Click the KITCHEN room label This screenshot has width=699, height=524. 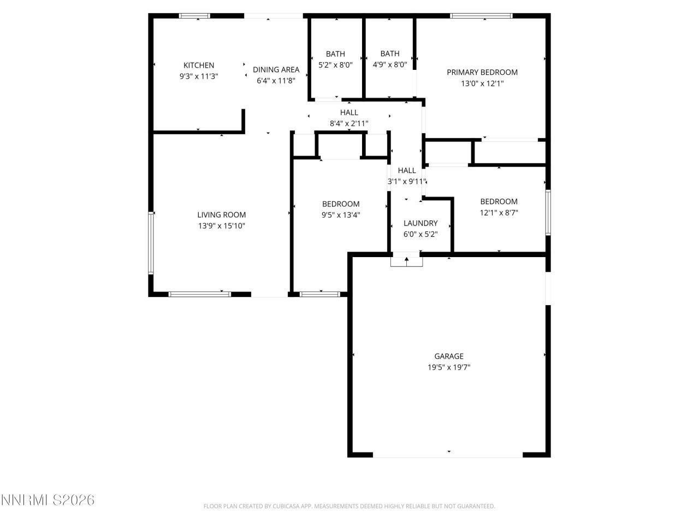tap(199, 65)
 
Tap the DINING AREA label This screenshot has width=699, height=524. tap(276, 70)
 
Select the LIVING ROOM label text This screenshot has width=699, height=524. tap(221, 215)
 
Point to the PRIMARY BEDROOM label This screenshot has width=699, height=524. tap(482, 72)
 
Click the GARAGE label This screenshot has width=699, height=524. tap(449, 356)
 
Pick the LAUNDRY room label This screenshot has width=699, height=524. tap(420, 223)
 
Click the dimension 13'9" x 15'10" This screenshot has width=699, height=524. tap(221, 226)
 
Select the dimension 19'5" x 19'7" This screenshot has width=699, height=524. tap(449, 368)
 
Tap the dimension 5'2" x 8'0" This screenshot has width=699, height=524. tap(335, 65)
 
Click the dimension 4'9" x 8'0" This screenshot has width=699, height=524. tap(389, 65)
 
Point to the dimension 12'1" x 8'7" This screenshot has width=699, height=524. tap(499, 213)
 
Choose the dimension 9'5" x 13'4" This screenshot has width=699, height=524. tap(341, 215)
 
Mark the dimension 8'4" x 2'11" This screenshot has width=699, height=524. tap(349, 124)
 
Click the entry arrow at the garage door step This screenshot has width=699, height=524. tap(406, 260)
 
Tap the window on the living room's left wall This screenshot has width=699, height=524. tap(151, 243)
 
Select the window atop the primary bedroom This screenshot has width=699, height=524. tap(481, 16)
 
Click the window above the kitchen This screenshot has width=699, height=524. tap(195, 16)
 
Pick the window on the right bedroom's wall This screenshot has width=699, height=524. tap(548, 212)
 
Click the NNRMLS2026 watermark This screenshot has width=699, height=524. tap(48, 500)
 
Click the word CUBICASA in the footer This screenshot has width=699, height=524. tap(283, 507)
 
